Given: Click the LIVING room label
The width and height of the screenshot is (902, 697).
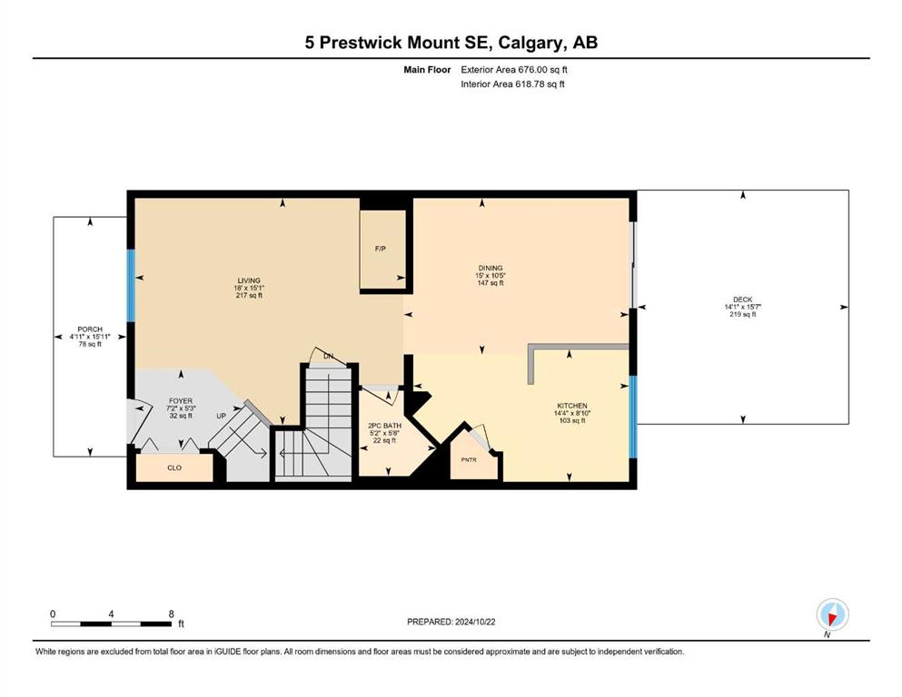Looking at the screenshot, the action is (249, 281).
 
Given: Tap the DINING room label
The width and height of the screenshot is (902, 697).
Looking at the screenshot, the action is (491, 269).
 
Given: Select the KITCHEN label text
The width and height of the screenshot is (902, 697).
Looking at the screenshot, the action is (572, 406).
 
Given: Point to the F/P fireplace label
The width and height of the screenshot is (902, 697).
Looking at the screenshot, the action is (381, 249).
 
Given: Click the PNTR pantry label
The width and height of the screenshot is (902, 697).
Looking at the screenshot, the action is (469, 460).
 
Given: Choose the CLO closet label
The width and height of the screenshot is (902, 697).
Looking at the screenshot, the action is (174, 467).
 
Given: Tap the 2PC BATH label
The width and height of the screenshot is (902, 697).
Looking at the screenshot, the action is (385, 426).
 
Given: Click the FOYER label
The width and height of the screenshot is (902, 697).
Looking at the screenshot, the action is (181, 401).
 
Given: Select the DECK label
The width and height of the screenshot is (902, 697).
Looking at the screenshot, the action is (743, 299).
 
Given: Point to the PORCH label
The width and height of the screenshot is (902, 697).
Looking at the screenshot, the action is (90, 329).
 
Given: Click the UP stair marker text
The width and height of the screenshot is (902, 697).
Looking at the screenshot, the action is (222, 416).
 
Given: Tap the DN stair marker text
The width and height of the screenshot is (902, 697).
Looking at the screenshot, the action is (328, 357).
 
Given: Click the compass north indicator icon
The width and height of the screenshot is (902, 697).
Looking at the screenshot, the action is (832, 614).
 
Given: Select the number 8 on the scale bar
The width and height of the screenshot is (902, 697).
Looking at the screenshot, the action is (172, 614).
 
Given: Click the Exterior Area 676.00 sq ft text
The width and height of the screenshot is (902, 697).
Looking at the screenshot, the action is (514, 70).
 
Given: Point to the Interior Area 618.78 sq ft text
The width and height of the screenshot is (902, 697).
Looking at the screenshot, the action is (512, 83).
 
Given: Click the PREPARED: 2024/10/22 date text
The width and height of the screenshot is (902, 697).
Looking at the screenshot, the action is (451, 622).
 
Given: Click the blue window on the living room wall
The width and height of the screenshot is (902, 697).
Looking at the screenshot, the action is (131, 286).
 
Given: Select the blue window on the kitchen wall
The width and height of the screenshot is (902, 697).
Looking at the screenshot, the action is (633, 417).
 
